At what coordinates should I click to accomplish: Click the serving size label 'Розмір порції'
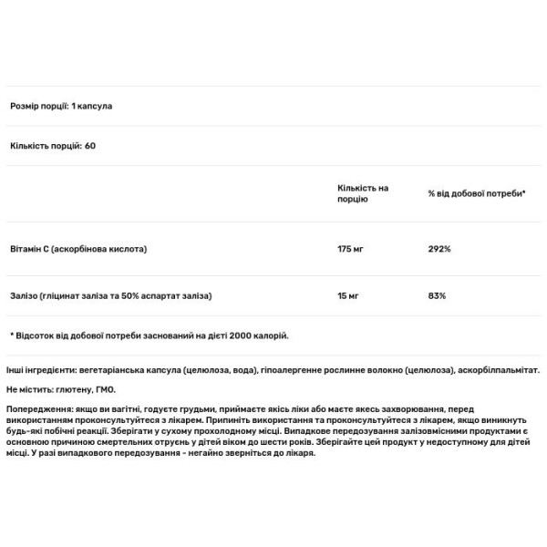[35, 106]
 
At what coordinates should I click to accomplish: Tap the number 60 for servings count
[90, 146]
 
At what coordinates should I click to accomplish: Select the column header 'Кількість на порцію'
[362, 193]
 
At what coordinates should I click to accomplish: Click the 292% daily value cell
[439, 249]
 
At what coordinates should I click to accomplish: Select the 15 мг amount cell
[346, 295]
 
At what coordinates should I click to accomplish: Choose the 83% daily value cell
[436, 295]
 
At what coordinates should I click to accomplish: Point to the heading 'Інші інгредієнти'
[38, 371]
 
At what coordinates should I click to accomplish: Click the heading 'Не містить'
[28, 388]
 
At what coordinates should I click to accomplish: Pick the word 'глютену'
[72, 388]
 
